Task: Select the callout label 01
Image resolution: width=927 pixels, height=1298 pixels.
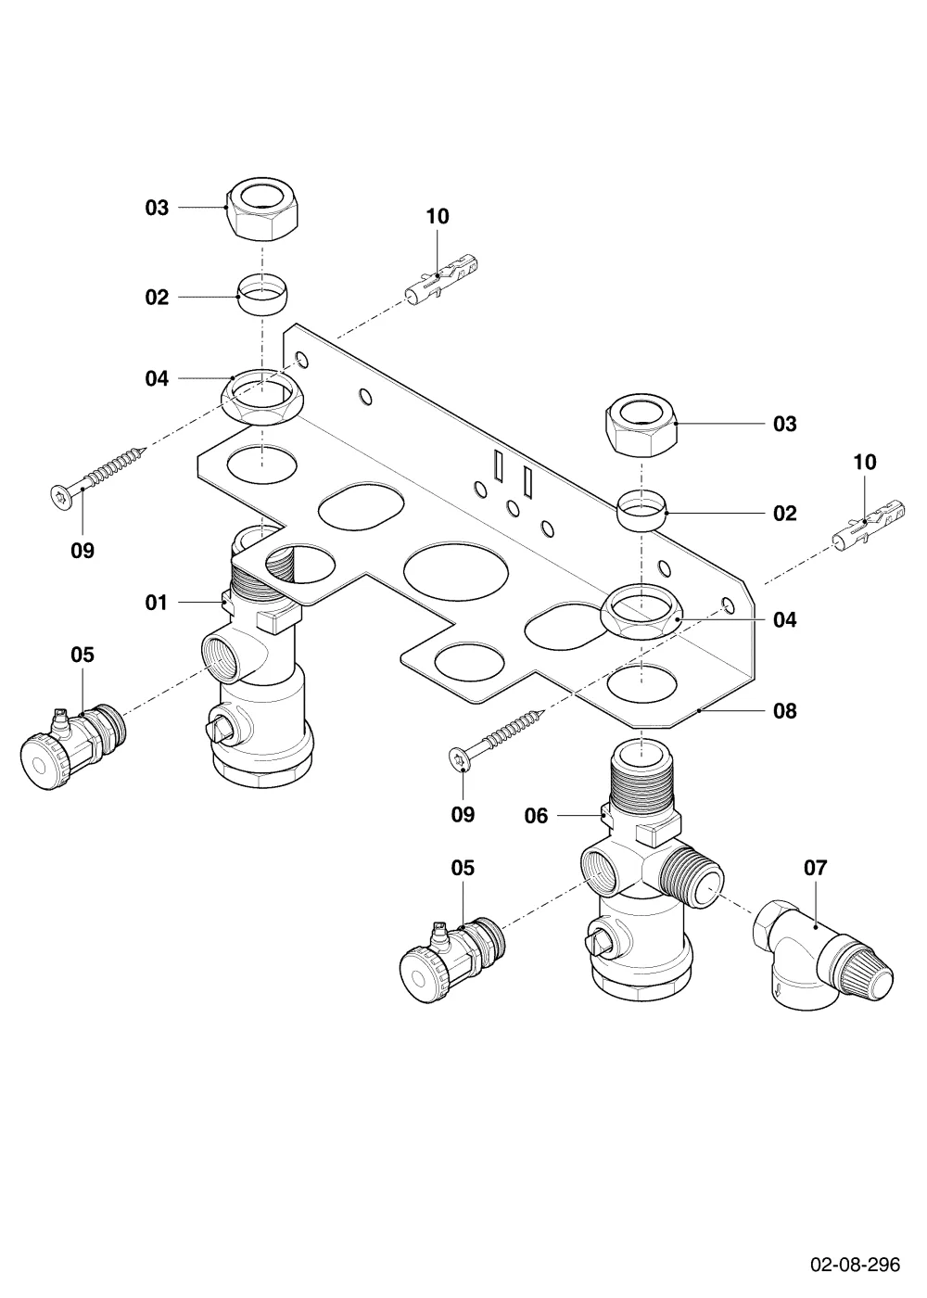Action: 157,603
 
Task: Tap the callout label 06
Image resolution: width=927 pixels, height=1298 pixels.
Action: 536,816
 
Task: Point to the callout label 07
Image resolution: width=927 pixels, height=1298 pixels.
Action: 815,868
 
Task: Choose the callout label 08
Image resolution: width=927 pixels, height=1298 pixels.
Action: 785,711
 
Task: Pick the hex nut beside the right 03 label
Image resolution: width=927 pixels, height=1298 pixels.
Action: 641,425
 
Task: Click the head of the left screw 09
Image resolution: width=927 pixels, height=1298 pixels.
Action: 60,496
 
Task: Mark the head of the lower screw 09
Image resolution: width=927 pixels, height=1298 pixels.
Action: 460,760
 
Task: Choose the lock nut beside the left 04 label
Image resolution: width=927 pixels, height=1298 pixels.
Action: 261,398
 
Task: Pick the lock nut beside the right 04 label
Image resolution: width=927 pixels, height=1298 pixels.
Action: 641,612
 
